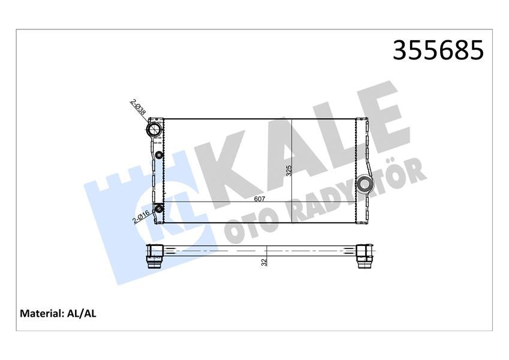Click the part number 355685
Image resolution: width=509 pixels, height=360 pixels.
(438, 51)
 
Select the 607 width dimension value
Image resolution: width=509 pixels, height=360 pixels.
(260, 199)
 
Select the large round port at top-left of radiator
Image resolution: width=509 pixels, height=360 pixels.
(155, 129)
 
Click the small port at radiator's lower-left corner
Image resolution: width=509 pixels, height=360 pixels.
(159, 209)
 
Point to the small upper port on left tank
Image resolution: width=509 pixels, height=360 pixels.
(159, 157)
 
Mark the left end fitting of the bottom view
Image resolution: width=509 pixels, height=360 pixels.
(155, 256)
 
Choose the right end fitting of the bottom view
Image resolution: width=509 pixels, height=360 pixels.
(365, 256)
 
